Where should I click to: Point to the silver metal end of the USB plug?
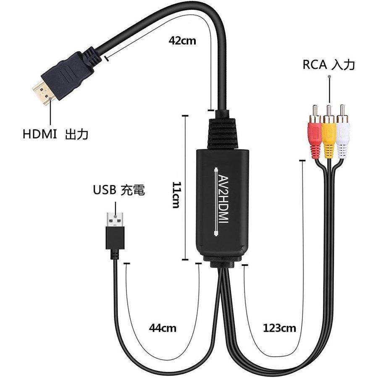115,219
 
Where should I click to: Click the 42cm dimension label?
182,40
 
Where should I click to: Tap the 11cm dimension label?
176,195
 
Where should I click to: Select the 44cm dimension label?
163,328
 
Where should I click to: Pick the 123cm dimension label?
279,328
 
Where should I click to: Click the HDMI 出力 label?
55,134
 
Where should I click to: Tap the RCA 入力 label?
328,65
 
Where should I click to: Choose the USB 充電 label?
119,190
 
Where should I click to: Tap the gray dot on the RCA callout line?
329,76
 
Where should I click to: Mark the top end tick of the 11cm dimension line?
185,116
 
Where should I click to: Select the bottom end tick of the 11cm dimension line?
185,260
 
